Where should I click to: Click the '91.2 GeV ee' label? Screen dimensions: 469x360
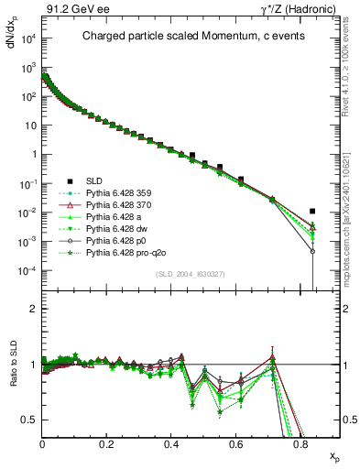(x=71, y=8)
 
